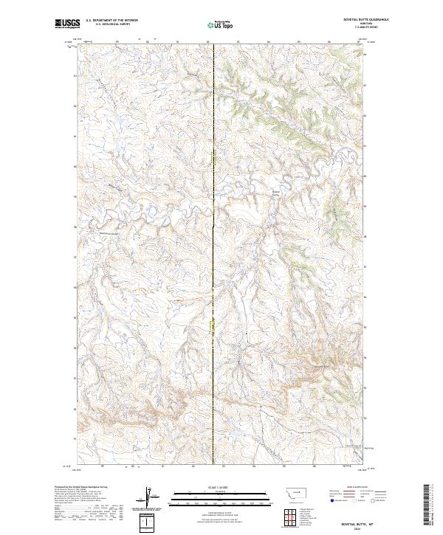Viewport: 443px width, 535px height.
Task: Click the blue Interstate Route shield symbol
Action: point(332,500)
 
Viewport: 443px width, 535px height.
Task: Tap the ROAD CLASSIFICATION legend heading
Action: point(357,487)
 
